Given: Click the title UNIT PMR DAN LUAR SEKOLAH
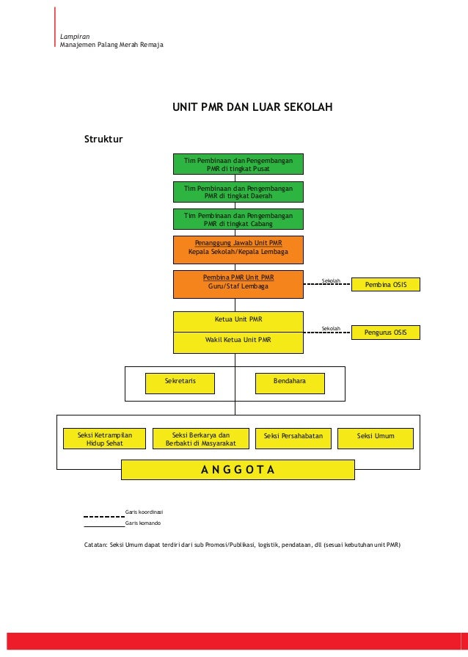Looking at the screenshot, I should pos(252,108).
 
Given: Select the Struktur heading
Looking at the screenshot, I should pos(103,139).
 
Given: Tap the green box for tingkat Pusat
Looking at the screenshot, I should pos(238,164).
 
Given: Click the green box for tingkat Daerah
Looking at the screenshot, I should pos(238,192).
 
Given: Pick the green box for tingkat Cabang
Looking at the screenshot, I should pos(238,219).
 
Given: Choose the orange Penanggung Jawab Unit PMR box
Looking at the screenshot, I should pos(238,249).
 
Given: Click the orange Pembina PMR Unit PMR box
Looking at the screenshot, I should pos(238,284).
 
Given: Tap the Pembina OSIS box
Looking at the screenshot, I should pos(386,284).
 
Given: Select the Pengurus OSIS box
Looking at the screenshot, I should pos(386,333).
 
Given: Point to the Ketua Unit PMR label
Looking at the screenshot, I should pos(238,320).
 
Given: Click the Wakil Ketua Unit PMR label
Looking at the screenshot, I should pos(238,341).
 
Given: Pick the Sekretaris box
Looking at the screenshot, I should pos(180,382).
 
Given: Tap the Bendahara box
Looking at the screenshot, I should pos(289,382).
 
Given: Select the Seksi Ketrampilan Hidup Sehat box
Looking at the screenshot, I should pos(105,438).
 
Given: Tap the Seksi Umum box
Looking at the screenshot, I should pos(376,438).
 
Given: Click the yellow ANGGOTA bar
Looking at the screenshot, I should pos(238,470).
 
